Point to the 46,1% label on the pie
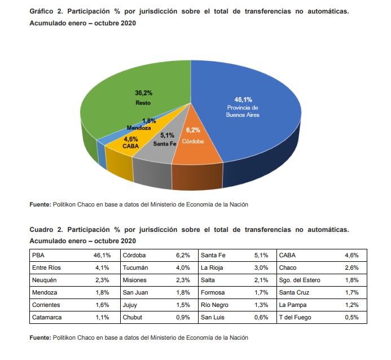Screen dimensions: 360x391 pyautogui.click(x=243, y=99)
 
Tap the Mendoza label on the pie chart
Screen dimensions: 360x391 pyautogui.click(x=138, y=128)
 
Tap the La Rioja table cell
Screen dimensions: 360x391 pyautogui.click(x=212, y=267)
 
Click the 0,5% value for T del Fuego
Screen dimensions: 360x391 pyautogui.click(x=351, y=317)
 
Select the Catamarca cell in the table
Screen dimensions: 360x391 pyautogui.click(x=47, y=317)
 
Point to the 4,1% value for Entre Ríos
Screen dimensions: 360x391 pyautogui.click(x=102, y=267)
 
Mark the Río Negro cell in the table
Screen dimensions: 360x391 pyautogui.click(x=214, y=305)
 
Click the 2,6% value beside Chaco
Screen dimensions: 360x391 pyautogui.click(x=351, y=267)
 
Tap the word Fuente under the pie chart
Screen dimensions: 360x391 pyautogui.click(x=39, y=204)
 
